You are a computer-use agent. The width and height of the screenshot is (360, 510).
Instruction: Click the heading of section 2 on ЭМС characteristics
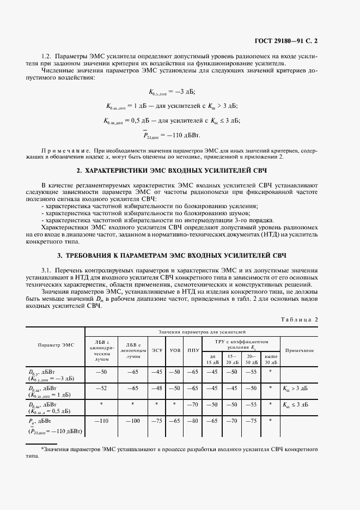[x=179, y=171]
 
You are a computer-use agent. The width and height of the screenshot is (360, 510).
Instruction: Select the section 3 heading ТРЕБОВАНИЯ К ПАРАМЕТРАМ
[x=179, y=255]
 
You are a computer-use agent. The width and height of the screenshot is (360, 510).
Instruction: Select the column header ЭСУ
[x=157, y=350]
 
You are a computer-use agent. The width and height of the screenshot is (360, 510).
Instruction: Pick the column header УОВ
[x=175, y=350]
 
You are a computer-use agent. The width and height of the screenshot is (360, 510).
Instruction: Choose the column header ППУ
[x=193, y=350]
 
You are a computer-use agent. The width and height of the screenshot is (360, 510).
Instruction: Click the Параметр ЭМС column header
[x=56, y=345]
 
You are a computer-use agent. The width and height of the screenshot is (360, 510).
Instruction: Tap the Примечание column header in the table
[x=300, y=350]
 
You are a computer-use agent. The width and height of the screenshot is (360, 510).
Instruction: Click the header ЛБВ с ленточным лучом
[x=133, y=350]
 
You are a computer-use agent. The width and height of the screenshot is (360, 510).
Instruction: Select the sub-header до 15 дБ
[x=212, y=359]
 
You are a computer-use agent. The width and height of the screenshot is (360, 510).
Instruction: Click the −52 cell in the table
[x=101, y=388]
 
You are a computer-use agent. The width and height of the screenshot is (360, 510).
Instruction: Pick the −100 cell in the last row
[x=133, y=421]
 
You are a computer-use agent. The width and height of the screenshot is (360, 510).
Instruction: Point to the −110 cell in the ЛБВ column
[x=101, y=421]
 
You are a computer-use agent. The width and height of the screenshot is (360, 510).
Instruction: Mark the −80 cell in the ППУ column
[x=193, y=421]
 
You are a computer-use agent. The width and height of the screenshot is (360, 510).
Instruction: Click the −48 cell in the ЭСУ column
[x=157, y=388]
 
